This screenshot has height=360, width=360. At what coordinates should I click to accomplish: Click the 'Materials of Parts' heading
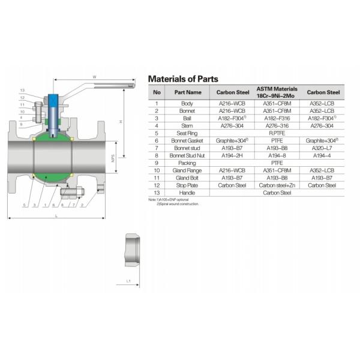(x=183, y=79)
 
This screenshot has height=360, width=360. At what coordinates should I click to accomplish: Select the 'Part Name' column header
(x=188, y=92)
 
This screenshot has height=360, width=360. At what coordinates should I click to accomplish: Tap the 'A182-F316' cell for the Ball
(x=277, y=118)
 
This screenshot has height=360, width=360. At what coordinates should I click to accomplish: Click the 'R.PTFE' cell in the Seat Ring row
(x=277, y=133)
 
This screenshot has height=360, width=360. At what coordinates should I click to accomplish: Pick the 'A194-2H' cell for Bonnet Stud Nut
(x=231, y=155)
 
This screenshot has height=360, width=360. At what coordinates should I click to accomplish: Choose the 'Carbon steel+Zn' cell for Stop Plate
(x=277, y=185)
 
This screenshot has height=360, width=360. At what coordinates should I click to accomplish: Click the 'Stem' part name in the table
(x=187, y=126)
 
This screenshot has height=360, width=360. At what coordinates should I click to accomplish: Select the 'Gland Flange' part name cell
(x=187, y=170)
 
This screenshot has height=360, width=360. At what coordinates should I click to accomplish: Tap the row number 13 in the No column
(x=157, y=193)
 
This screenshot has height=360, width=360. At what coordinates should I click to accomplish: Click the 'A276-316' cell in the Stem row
(x=277, y=126)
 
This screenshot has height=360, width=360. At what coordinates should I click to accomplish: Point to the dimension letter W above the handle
(x=94, y=77)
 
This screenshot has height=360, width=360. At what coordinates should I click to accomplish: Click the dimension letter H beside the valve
(x=121, y=122)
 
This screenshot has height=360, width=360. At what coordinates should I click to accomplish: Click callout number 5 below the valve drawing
(x=24, y=206)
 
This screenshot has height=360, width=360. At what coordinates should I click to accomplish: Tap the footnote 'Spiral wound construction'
(x=178, y=204)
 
